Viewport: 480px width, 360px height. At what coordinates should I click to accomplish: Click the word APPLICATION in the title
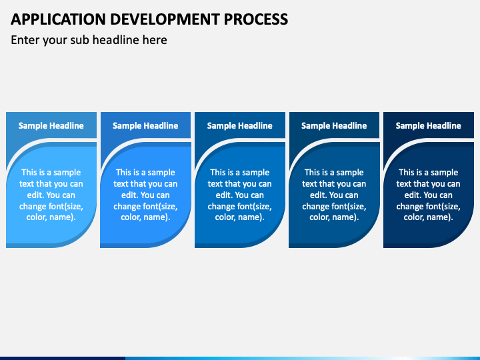(x=58, y=19)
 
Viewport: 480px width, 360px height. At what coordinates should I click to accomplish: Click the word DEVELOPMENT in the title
(x=165, y=19)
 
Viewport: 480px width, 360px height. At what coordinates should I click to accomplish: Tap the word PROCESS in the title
(x=255, y=19)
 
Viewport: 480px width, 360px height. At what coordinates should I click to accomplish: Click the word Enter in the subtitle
(x=25, y=40)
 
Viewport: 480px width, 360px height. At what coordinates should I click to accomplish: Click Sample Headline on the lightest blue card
(x=51, y=125)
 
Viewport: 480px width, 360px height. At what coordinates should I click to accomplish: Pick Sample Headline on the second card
(x=145, y=125)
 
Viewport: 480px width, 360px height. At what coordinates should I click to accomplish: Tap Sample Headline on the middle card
(x=240, y=125)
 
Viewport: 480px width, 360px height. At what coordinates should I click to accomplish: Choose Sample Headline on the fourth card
(x=334, y=125)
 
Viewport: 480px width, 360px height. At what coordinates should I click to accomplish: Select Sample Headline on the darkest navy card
(x=428, y=125)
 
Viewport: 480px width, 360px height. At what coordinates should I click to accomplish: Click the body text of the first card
(x=51, y=195)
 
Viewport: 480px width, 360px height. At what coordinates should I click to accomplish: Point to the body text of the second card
(x=145, y=195)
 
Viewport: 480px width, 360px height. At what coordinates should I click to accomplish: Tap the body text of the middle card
(x=240, y=195)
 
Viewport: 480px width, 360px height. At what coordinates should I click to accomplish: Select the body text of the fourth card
(x=334, y=195)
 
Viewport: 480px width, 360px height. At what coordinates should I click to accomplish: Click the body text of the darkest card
(x=428, y=195)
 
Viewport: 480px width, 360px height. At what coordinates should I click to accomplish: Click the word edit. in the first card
(x=37, y=195)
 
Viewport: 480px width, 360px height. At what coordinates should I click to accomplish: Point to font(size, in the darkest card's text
(x=445, y=206)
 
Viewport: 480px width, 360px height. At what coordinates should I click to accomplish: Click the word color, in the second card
(x=131, y=217)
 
